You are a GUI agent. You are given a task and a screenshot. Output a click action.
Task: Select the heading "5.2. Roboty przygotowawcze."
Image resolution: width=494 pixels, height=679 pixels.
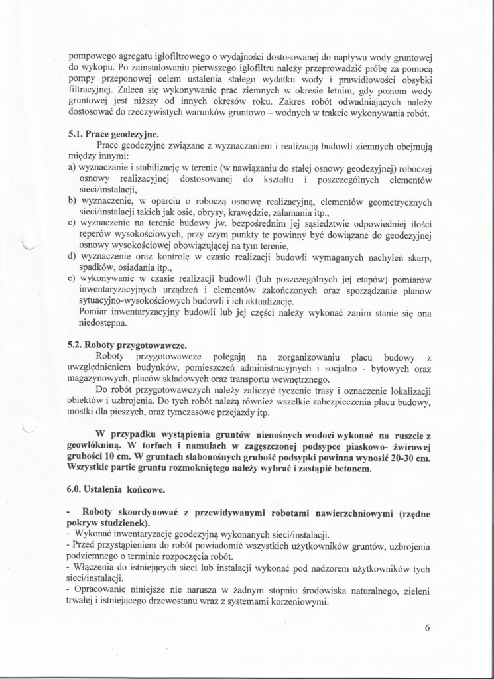point(127,345)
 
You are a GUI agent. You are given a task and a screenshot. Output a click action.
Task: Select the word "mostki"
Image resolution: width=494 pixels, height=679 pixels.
point(82,412)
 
